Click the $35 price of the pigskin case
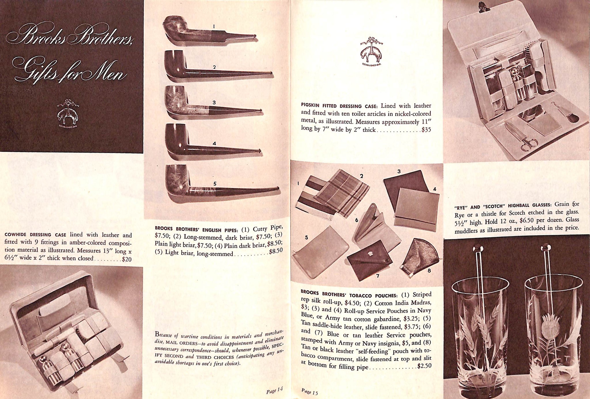click(426, 130)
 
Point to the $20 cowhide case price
click(127, 259)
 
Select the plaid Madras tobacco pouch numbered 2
click(341, 194)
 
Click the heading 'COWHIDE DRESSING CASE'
click(35, 235)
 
